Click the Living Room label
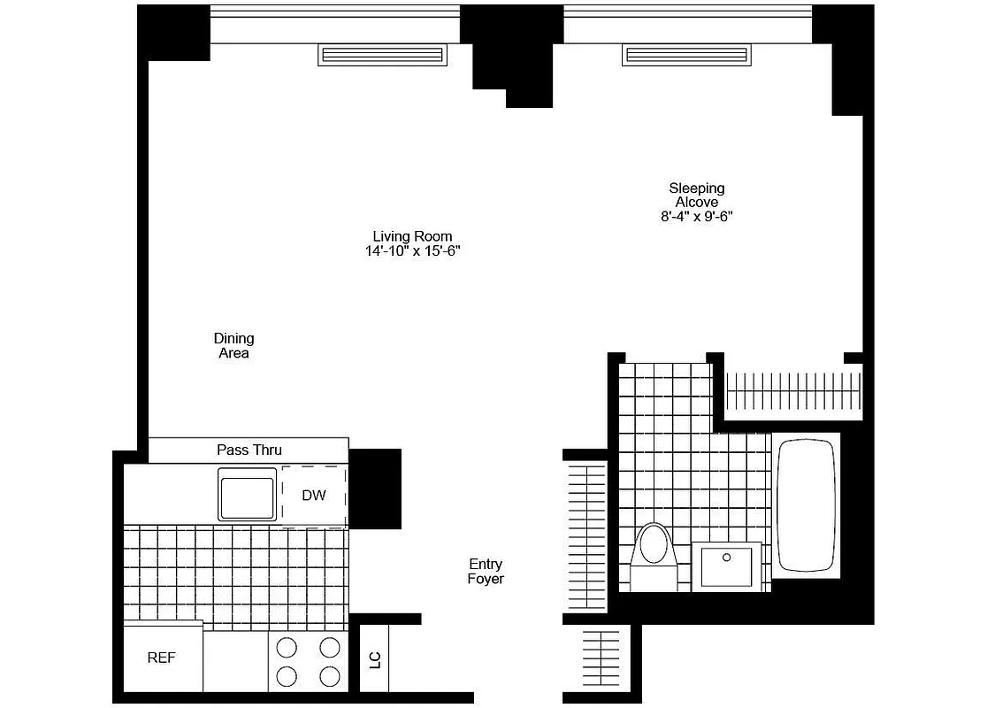pyautogui.click(x=412, y=236)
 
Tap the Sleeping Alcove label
pyautogui.click(x=696, y=195)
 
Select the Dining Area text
pyautogui.click(x=233, y=345)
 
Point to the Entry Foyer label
pyautogui.click(x=486, y=571)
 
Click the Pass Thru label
pyautogui.click(x=249, y=450)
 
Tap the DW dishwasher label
pyautogui.click(x=314, y=496)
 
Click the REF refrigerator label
pyautogui.click(x=161, y=658)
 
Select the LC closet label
pyautogui.click(x=374, y=659)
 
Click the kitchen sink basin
pyautogui.click(x=248, y=499)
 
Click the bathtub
pyautogui.click(x=806, y=505)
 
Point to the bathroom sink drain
pyautogui.click(x=727, y=558)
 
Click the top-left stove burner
pyautogui.click(x=287, y=647)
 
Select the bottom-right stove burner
pyautogui.click(x=330, y=677)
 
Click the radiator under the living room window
pyautogui.click(x=383, y=56)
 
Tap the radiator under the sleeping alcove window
pyautogui.click(x=688, y=56)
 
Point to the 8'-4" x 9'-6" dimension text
pyautogui.click(x=697, y=216)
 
